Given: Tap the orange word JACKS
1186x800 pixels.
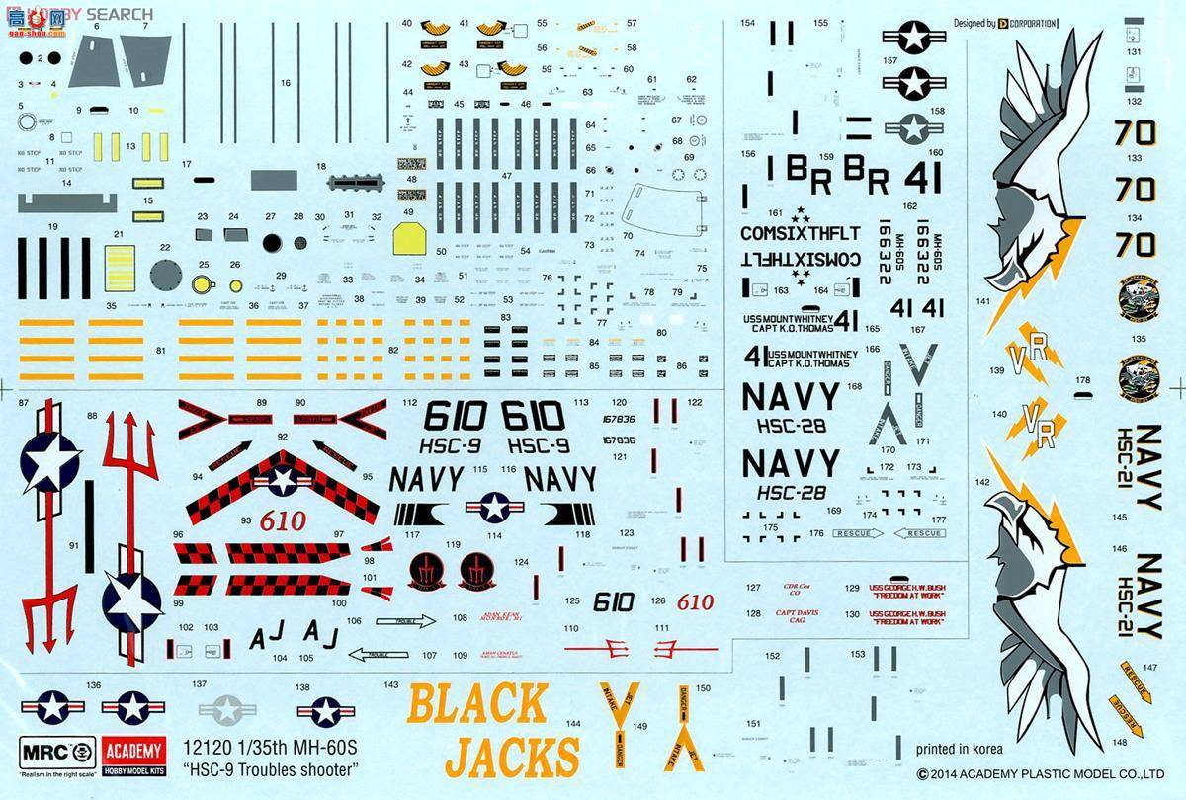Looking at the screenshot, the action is click(x=512, y=756).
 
